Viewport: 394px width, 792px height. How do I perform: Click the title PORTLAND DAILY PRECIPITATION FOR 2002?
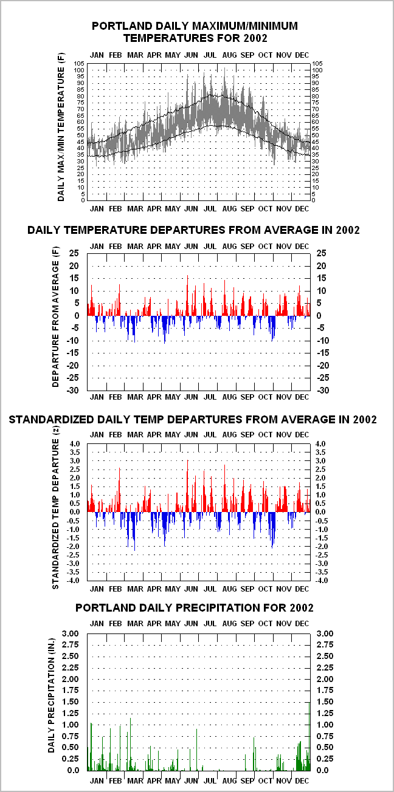(195, 608)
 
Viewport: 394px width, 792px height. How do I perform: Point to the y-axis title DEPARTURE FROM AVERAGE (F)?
(55, 316)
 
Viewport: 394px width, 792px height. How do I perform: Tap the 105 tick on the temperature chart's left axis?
(79, 64)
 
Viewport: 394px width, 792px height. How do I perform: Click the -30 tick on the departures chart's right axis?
(322, 391)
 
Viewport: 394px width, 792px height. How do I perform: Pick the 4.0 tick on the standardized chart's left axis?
(74, 444)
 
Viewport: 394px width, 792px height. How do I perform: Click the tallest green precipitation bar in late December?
(309, 736)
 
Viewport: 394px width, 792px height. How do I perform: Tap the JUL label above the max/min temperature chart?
(210, 55)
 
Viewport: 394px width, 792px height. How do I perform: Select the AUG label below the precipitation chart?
(229, 780)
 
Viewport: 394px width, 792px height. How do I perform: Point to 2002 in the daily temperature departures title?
(348, 230)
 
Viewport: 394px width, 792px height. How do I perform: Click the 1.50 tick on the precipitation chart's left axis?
(71, 702)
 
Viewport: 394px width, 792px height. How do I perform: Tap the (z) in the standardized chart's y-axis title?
(55, 430)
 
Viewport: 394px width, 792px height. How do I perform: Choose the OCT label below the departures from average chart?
(265, 397)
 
